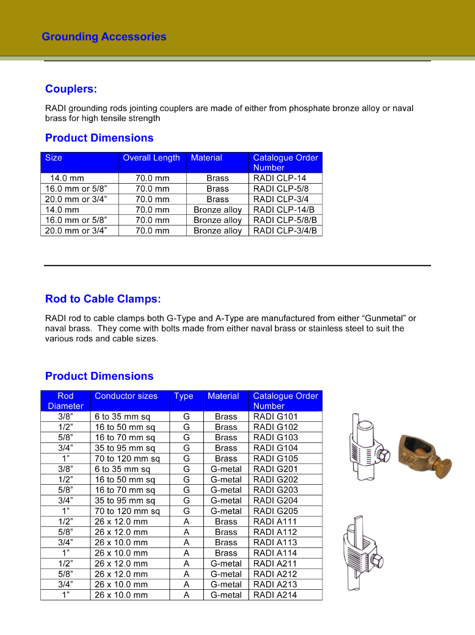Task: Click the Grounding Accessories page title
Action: coord(104,37)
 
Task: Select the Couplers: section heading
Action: coord(71,89)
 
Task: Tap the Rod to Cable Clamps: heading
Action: coord(103,299)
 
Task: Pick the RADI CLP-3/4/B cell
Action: coord(285,231)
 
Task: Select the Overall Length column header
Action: coord(151,158)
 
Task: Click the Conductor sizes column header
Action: coord(126,396)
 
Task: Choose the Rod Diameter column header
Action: coord(65,401)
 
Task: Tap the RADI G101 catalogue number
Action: coord(275,417)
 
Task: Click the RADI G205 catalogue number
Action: coord(275,511)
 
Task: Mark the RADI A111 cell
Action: coord(275,521)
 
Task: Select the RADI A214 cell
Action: coord(275,595)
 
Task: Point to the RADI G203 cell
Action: coord(275,490)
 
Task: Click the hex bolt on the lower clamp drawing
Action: coord(379,560)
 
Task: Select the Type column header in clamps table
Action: coord(183,396)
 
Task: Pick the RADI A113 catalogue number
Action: coord(275,542)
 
